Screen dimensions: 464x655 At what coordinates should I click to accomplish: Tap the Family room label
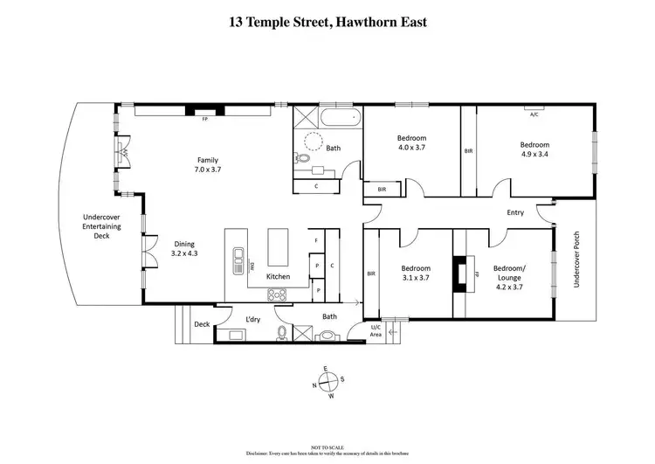point(207,161)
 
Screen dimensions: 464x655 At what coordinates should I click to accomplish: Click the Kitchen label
point(278,277)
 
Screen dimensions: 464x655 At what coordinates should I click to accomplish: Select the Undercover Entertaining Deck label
point(101,226)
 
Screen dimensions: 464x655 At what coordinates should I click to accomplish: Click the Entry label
point(515,212)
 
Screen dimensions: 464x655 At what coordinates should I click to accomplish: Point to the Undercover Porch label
point(576,260)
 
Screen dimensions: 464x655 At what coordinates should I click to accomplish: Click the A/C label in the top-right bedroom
point(534,113)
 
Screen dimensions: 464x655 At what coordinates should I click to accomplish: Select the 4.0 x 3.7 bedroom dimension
point(411,149)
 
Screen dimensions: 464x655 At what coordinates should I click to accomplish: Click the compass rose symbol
point(327,382)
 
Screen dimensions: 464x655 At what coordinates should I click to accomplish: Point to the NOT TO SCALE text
point(327,447)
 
